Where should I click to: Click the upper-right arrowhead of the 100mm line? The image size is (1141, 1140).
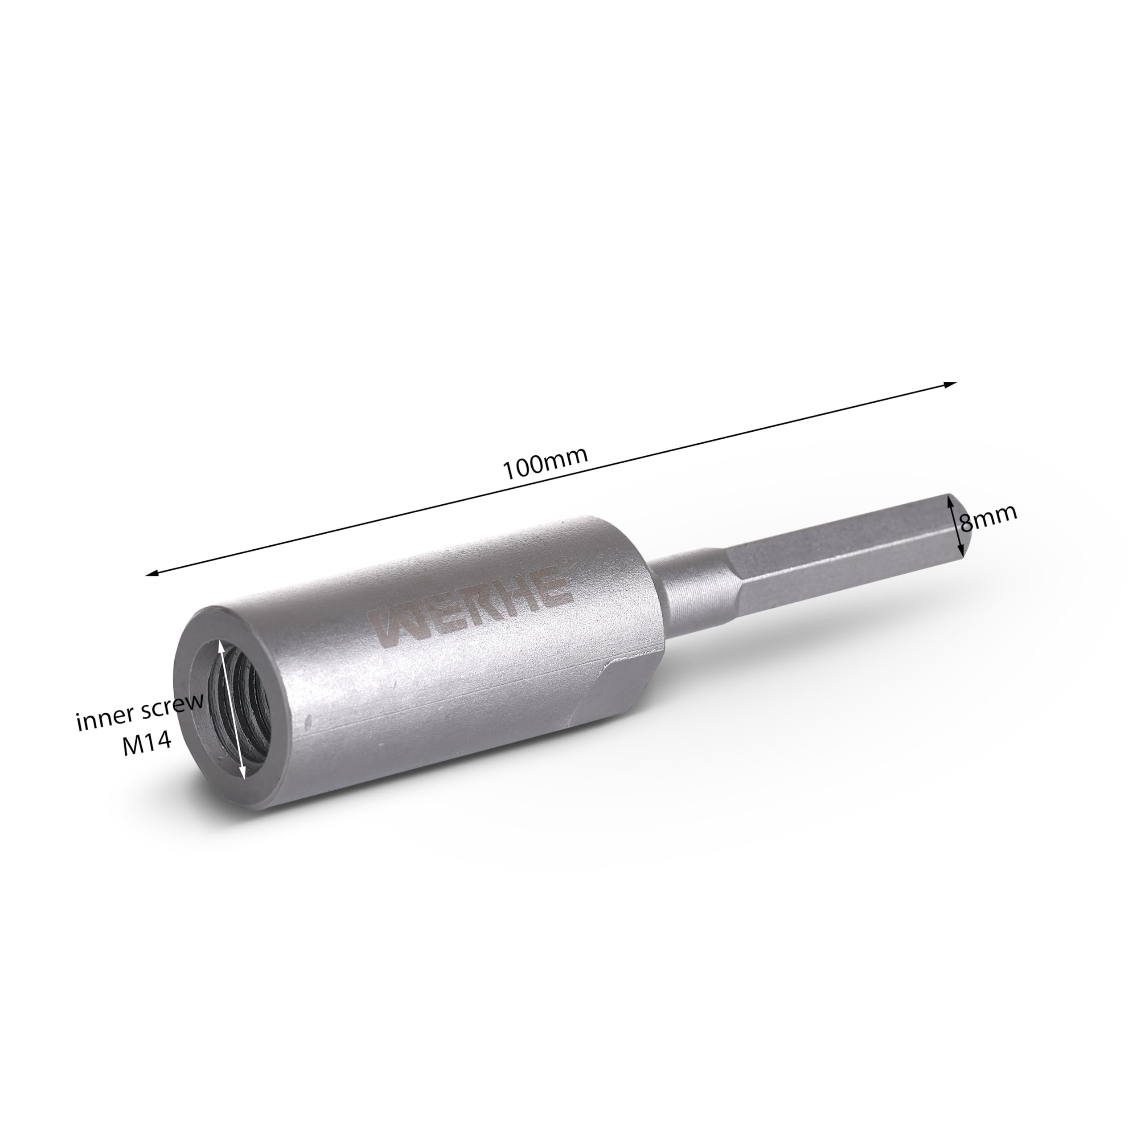[950, 384]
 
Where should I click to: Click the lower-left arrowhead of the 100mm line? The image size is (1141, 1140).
[152, 572]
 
